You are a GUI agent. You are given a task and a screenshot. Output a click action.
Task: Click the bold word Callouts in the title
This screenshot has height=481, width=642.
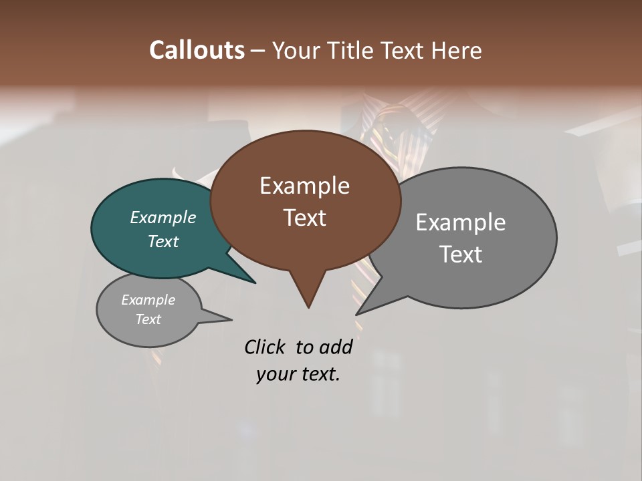[x=197, y=50]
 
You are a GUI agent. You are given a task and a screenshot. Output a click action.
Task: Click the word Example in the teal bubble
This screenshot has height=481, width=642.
[x=163, y=217]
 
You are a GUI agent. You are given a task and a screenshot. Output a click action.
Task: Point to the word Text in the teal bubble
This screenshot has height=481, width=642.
[x=163, y=241]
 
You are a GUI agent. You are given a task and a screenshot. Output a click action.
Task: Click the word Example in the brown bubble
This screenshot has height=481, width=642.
[x=304, y=186]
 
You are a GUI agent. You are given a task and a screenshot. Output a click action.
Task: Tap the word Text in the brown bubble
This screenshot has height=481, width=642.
[x=305, y=218]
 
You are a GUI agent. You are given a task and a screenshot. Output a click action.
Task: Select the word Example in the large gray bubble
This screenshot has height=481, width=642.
[x=461, y=222]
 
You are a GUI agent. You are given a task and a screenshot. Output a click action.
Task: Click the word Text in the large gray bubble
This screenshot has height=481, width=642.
[x=461, y=255]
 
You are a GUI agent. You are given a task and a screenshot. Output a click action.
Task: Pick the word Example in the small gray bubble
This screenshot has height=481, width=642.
[x=148, y=300]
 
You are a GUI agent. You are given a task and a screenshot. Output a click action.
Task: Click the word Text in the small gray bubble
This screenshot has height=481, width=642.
[x=148, y=319]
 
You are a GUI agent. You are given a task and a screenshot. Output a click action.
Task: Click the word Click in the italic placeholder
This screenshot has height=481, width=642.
[x=266, y=347]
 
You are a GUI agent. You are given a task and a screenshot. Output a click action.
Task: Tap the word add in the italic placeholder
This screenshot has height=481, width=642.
[x=336, y=347]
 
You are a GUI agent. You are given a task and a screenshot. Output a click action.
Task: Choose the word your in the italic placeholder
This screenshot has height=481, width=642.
[x=275, y=374]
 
